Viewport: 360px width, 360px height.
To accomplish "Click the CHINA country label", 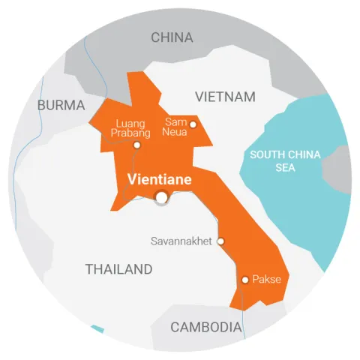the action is (172, 37).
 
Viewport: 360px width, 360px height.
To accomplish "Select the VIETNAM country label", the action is (225, 97).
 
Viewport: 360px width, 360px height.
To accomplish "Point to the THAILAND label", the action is (118, 269).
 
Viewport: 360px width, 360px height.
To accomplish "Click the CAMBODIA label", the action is (206, 327).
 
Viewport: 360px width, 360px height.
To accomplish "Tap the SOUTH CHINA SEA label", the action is (285, 160).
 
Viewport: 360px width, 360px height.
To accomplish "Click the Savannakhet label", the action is (182, 241).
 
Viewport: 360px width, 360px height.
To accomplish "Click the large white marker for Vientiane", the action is (161, 197).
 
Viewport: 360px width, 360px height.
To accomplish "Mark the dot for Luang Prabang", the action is (136, 145).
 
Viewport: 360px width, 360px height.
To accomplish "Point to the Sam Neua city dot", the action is (193, 124).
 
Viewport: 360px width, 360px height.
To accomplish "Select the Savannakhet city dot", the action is (220, 241).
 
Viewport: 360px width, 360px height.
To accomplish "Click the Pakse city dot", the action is (244, 280).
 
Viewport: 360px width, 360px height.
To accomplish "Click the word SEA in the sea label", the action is (285, 168).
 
